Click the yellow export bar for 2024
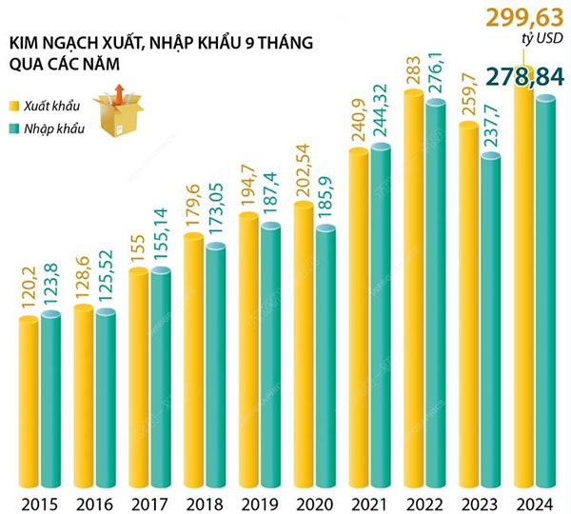523,286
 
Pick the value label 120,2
29,281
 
